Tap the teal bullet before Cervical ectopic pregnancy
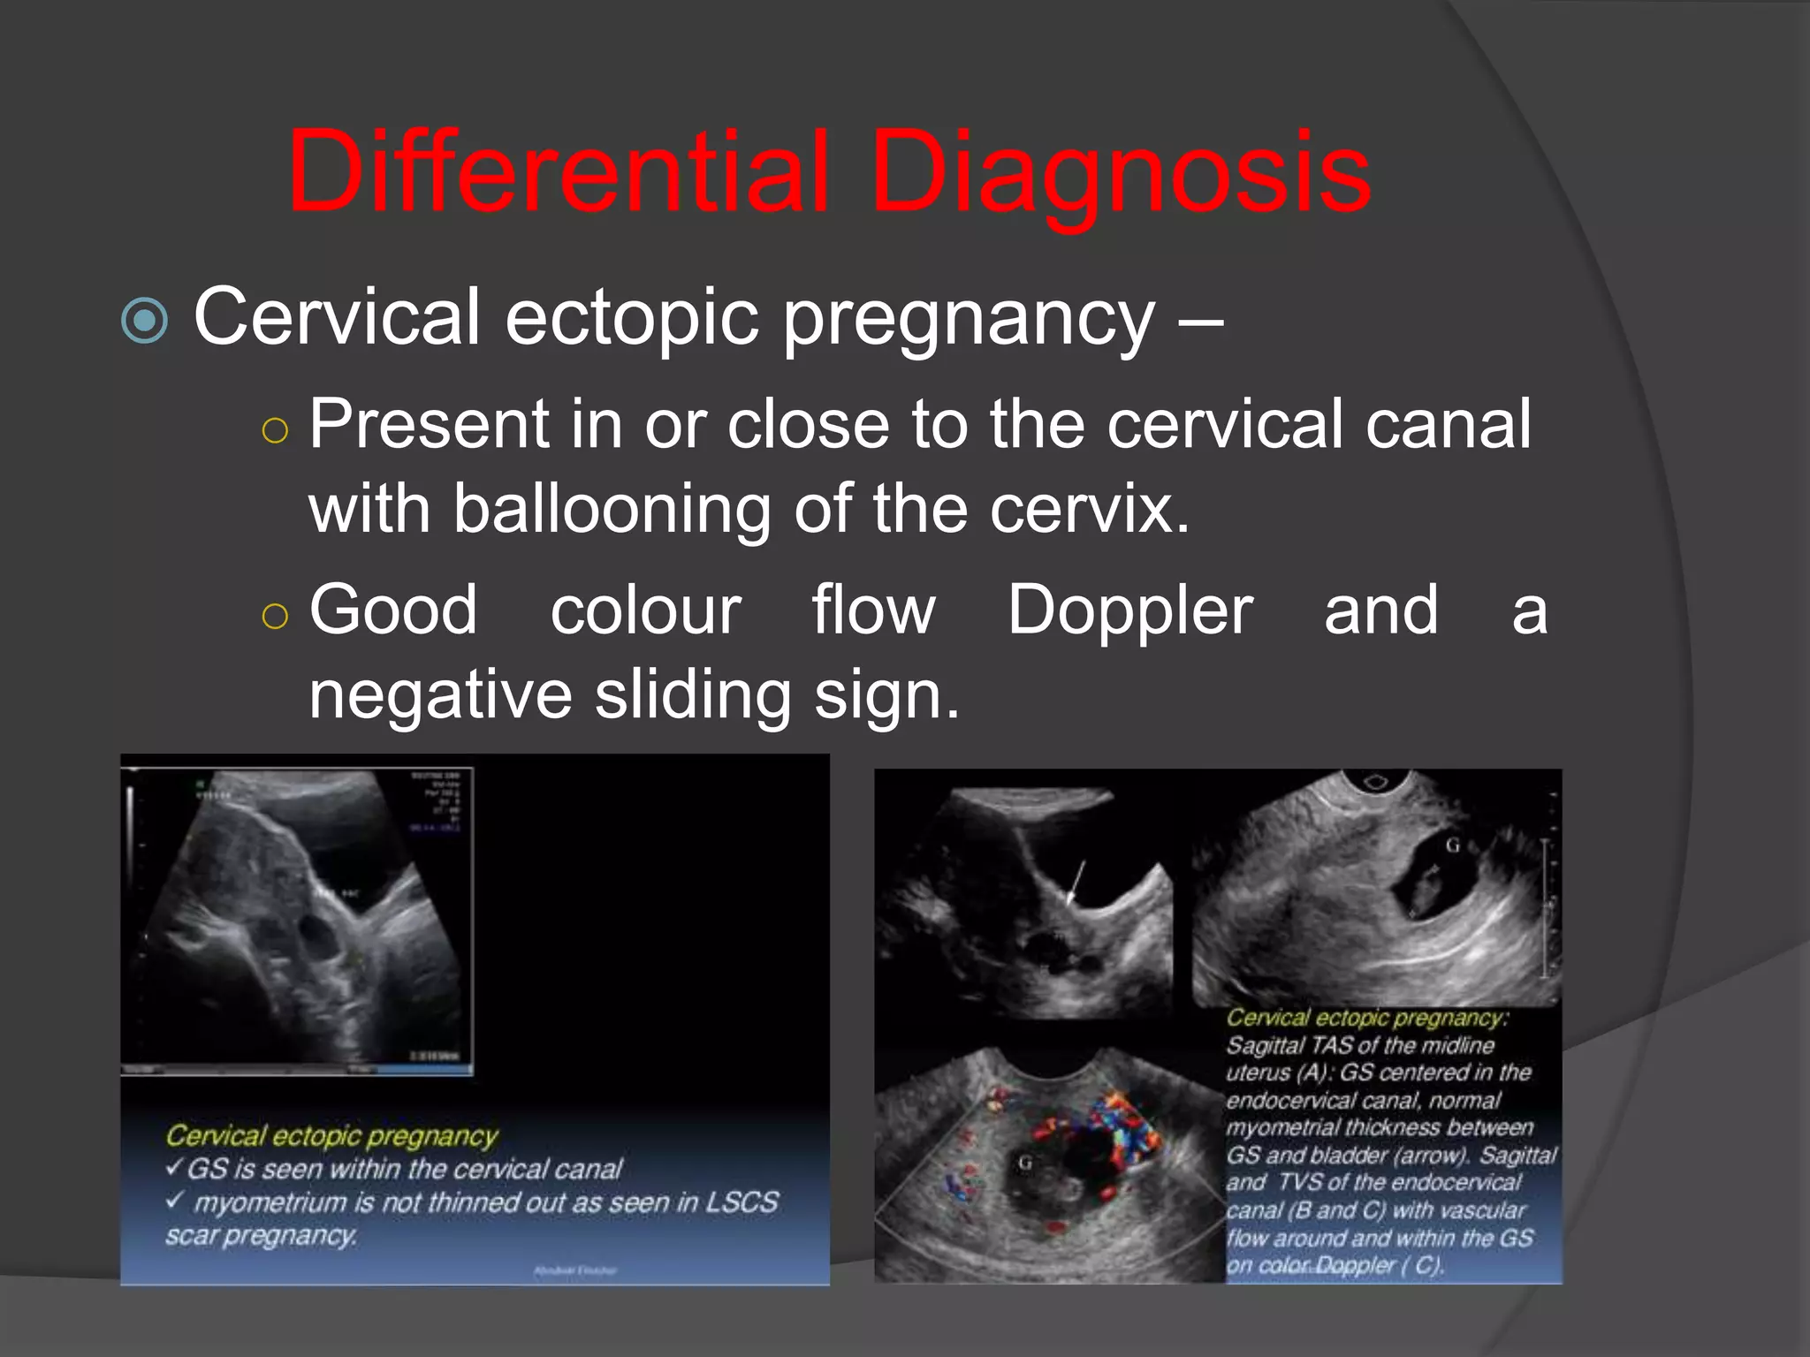(144, 320)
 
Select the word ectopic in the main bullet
(631, 318)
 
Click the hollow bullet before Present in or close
(275, 431)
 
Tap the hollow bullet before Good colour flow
(275, 616)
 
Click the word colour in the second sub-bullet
(645, 610)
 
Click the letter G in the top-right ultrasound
(1452, 845)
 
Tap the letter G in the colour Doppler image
(1025, 1163)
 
